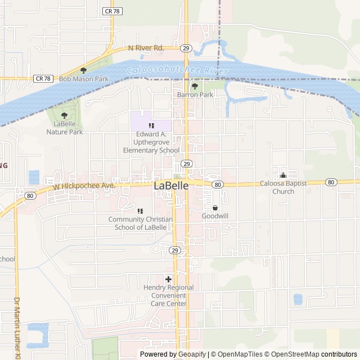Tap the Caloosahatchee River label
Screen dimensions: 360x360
tap(177, 71)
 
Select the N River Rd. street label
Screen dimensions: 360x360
tap(146, 48)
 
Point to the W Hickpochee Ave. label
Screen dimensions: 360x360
tap(84, 185)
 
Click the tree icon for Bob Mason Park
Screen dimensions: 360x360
tap(84, 70)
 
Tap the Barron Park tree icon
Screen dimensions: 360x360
tap(195, 86)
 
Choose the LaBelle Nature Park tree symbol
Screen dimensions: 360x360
tap(64, 115)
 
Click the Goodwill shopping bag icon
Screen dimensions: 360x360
tap(215, 208)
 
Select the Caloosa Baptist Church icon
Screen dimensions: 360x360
tap(283, 175)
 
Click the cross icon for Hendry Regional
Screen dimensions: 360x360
tap(168, 279)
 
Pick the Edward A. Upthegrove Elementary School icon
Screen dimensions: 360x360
tap(151, 125)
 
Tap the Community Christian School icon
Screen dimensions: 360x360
tap(140, 211)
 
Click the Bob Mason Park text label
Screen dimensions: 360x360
tap(84, 79)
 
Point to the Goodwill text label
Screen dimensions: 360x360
tap(215, 216)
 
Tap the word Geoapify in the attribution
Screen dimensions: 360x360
tap(191, 354)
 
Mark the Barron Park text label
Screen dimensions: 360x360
tap(195, 95)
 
